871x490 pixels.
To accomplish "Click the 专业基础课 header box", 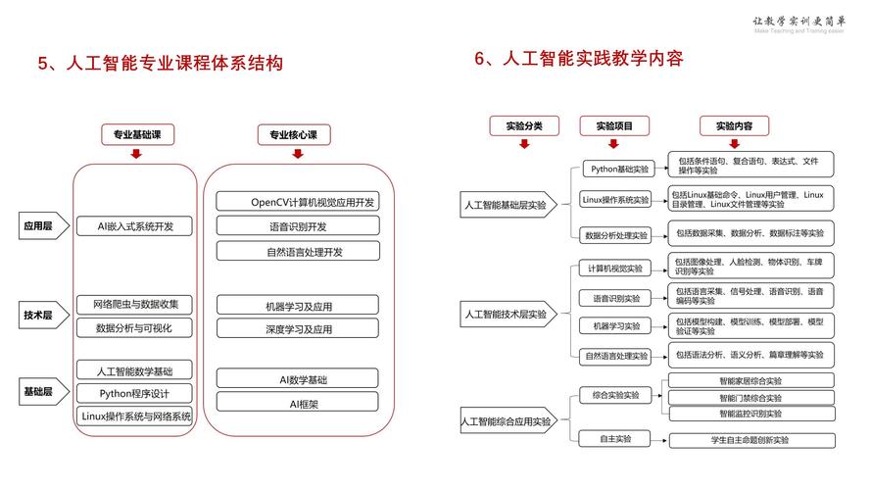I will [136, 134].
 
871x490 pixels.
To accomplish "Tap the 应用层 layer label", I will [38, 226].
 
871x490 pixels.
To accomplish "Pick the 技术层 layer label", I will [38, 315].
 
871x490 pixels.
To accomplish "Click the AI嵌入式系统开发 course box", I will [135, 226].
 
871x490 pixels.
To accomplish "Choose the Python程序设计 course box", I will [135, 393].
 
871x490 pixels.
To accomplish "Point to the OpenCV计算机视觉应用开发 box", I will [297, 202].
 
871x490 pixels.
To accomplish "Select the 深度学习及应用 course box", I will [297, 329].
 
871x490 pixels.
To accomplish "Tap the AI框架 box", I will [297, 403].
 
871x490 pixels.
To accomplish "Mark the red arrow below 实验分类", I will [524, 144].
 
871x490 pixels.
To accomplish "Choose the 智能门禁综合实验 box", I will [750, 398].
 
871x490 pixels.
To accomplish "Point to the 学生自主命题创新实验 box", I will [750, 440].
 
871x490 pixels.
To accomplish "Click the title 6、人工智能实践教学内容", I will [578, 59].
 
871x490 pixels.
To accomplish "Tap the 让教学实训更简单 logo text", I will [798, 21].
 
